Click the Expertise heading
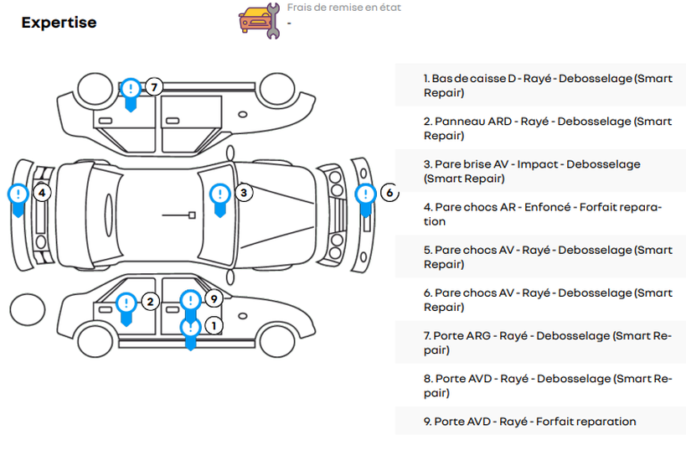pyautogui.click(x=59, y=23)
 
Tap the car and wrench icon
pyautogui.click(x=258, y=20)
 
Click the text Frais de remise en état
pyautogui.click(x=343, y=8)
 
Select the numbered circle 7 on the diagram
pyautogui.click(x=152, y=87)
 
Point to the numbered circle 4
pyautogui.click(x=42, y=193)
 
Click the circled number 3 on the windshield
pyautogui.click(x=243, y=193)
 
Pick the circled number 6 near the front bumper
pyautogui.click(x=389, y=193)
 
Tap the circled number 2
pyautogui.click(x=149, y=302)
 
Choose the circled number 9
pyautogui.click(x=213, y=299)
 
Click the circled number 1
pyautogui.click(x=213, y=325)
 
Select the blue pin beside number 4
pyautogui.click(x=18, y=197)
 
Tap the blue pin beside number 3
pyautogui.click(x=219, y=197)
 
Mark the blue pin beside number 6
pyautogui.click(x=365, y=197)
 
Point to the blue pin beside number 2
pyautogui.click(x=126, y=306)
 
